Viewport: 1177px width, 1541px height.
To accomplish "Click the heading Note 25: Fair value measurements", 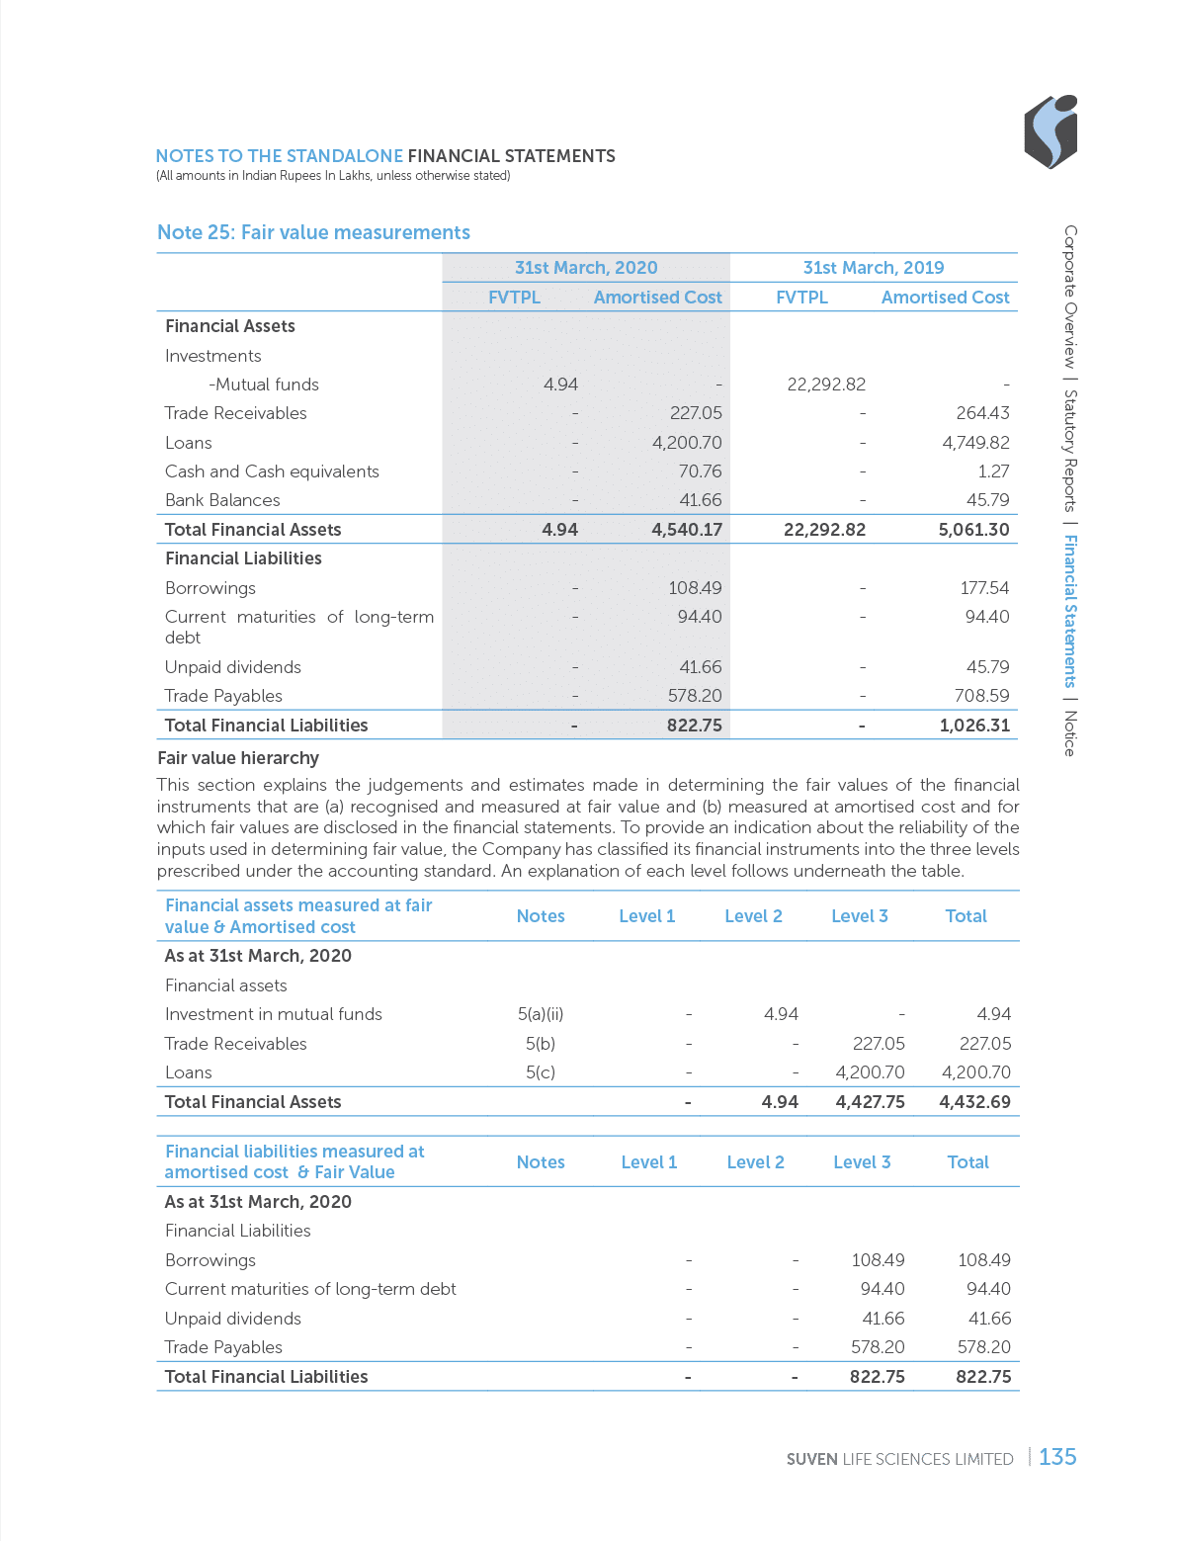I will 313,232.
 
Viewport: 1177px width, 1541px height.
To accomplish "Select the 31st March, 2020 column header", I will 586,268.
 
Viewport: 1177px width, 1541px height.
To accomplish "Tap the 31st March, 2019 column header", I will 874,268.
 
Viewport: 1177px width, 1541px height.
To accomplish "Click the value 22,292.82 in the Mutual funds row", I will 826,385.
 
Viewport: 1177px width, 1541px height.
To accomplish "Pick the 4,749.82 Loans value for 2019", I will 975,443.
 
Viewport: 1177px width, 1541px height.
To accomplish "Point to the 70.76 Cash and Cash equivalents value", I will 700,471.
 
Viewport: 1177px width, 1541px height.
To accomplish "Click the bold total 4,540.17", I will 687,530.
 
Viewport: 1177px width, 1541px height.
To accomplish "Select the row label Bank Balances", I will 222,500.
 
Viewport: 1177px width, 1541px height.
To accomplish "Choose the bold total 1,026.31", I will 974,726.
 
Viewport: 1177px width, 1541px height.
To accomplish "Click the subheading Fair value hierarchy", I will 238,758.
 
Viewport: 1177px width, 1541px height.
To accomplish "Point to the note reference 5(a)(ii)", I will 541,1014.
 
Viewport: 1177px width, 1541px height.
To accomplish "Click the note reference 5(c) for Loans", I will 541,1072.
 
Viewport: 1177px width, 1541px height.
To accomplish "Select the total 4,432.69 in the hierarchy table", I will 975,1102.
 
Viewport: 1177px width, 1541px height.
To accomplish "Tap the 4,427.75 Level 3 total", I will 870,1102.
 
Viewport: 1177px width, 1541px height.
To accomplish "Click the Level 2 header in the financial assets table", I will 753,916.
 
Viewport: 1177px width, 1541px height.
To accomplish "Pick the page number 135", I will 1057,1457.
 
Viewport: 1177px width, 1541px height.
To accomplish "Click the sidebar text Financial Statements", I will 1070,611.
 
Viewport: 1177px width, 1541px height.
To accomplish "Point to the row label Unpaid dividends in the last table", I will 233,1319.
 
